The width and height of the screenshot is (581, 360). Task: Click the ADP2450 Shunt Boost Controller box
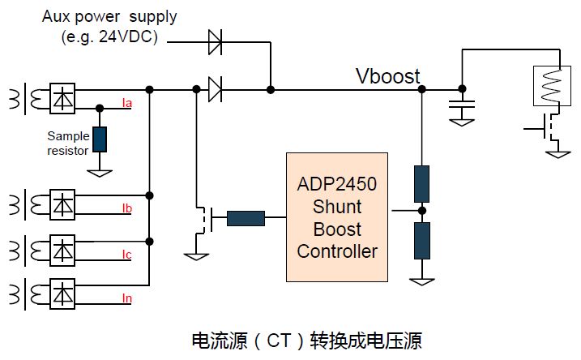click(337, 216)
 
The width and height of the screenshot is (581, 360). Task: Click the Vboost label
click(388, 77)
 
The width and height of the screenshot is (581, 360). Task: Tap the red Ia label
click(126, 103)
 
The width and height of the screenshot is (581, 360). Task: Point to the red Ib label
click(126, 208)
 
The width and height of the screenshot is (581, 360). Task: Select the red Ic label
click(126, 255)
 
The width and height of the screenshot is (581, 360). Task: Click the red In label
click(126, 299)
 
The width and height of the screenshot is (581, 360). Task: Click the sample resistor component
click(100, 139)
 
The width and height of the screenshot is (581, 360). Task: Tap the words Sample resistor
click(68, 144)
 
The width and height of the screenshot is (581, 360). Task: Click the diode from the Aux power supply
click(216, 41)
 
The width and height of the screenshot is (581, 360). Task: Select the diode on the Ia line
click(216, 88)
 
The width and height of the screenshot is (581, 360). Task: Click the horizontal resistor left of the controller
click(246, 217)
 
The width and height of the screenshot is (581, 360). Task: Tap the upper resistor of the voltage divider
click(421, 182)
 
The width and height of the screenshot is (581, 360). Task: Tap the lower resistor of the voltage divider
click(421, 241)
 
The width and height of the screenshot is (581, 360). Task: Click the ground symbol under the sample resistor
click(100, 171)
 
